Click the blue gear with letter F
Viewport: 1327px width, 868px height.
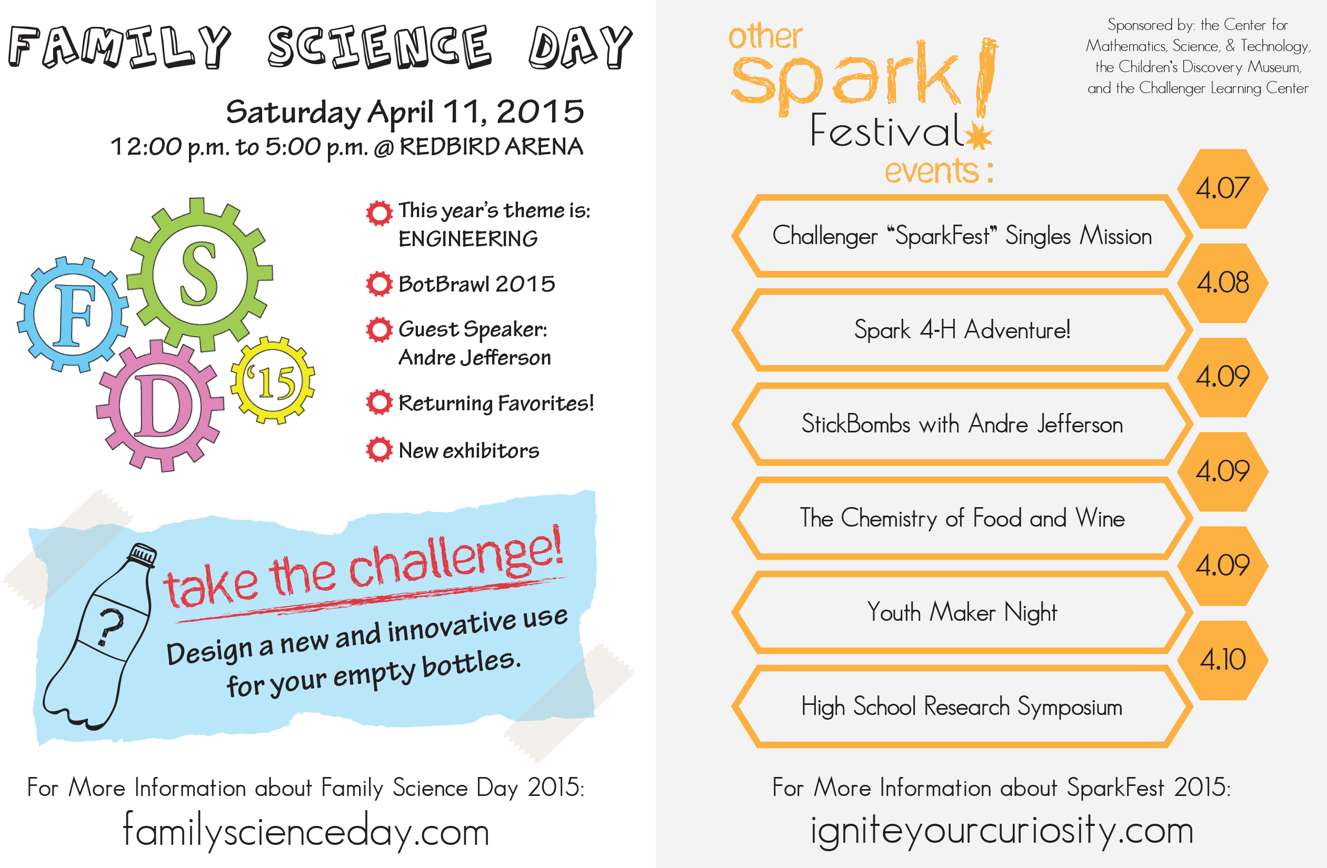point(73,315)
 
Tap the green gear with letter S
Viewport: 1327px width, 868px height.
point(199,274)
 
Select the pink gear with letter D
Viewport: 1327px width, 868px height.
point(160,406)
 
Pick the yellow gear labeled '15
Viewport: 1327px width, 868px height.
point(273,381)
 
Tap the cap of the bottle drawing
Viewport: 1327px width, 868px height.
point(142,554)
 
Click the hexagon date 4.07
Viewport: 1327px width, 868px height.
point(1222,188)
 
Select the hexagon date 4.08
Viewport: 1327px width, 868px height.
point(1222,282)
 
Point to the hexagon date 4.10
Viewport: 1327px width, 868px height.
point(1222,660)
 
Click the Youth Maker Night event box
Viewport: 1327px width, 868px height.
point(962,612)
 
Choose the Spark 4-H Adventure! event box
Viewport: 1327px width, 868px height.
point(962,330)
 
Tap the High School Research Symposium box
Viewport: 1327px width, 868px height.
point(962,706)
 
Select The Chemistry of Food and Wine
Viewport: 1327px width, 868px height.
point(962,518)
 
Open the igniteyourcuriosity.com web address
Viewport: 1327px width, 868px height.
point(1001,830)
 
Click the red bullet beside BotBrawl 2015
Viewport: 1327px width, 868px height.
point(379,284)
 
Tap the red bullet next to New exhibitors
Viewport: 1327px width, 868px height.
point(379,450)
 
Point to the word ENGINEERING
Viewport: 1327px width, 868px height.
point(468,239)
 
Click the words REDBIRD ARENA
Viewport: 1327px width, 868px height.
point(491,147)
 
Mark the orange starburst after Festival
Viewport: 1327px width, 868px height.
point(979,136)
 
